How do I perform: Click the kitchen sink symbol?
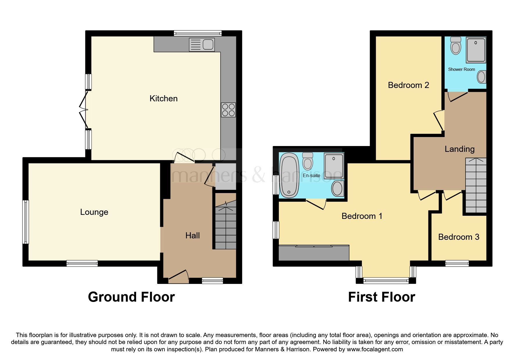202,45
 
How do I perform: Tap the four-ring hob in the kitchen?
228,110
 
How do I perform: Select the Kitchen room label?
163,98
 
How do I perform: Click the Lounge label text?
94,212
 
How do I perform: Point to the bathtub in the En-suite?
289,175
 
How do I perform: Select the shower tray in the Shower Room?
476,50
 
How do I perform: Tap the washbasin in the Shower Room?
481,77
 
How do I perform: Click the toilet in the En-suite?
307,161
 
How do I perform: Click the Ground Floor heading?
131,297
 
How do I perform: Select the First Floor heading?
381,297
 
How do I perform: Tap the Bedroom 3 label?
459,237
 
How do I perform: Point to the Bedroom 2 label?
408,85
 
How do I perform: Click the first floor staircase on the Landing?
476,186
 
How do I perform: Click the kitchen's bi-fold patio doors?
84,110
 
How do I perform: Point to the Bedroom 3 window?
457,263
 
